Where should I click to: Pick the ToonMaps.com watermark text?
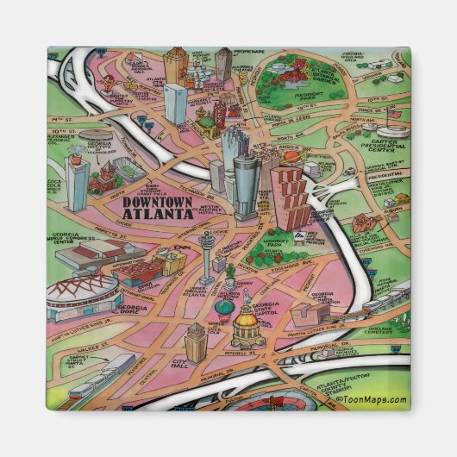click(x=371, y=399)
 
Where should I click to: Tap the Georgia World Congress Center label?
click(x=68, y=239)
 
